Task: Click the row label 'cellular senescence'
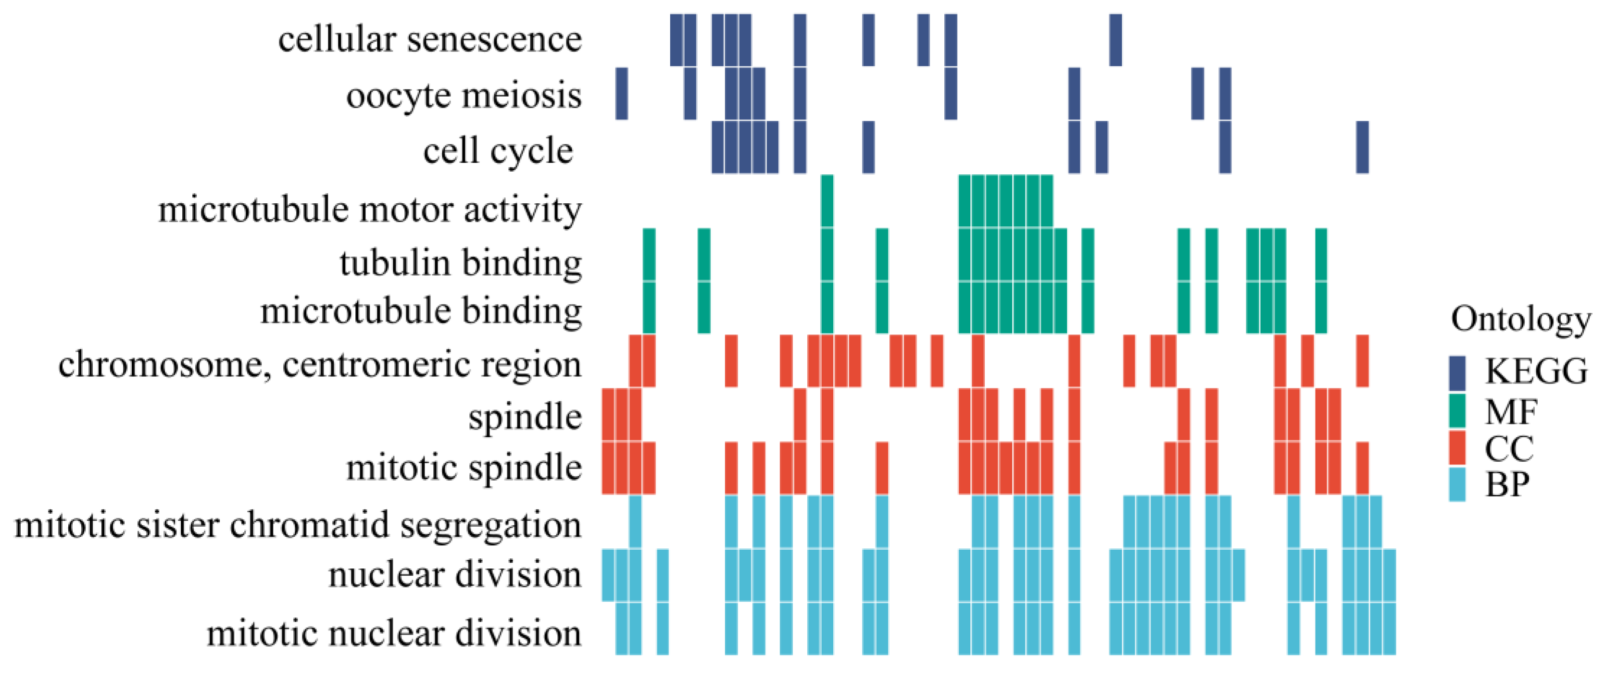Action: click(x=430, y=40)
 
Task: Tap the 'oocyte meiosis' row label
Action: click(x=464, y=96)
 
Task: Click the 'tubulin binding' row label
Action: click(x=461, y=262)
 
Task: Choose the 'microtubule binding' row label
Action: click(x=421, y=310)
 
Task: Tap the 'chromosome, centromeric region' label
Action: click(x=320, y=364)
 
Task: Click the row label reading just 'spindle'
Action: click(x=525, y=416)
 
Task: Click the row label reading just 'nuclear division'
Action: click(x=455, y=574)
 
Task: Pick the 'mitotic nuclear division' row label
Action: click(x=394, y=633)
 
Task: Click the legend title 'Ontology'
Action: click(x=1521, y=319)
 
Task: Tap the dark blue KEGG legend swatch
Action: click(x=1457, y=372)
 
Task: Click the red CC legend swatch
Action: click(x=1457, y=447)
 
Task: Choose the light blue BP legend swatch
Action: click(x=1457, y=484)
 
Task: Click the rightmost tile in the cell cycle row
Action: click(x=1362, y=147)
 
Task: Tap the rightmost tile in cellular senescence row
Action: click(x=1115, y=40)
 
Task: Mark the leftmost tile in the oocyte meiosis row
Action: click(x=621, y=93)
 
